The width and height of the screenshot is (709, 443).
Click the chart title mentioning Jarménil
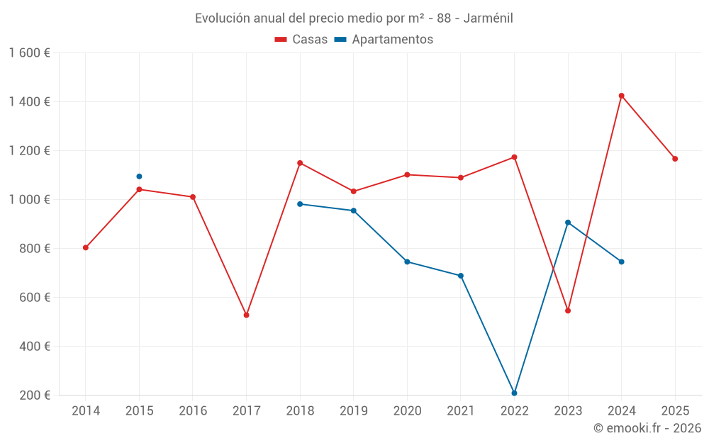[x=354, y=18]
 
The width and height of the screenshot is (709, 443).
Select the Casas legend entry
[x=301, y=40]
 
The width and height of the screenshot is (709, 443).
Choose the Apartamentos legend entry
[x=384, y=40]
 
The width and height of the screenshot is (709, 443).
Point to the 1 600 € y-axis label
[x=29, y=53]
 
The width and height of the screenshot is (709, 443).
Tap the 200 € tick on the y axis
[x=35, y=396]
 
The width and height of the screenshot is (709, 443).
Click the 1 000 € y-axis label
[x=29, y=200]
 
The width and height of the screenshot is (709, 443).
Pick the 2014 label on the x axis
[x=86, y=411]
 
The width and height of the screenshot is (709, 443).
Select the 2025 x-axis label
[x=675, y=411]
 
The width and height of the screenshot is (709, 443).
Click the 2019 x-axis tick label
[x=354, y=411]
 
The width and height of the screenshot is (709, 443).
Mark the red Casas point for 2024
[x=622, y=96]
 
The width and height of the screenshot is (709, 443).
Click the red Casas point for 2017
[x=247, y=315]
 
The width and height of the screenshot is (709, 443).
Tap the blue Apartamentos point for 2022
[x=515, y=393]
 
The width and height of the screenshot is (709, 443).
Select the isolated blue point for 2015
[x=139, y=176]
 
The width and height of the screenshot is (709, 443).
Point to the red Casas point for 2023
[x=568, y=310]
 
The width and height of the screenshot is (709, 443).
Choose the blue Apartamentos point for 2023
[x=568, y=223]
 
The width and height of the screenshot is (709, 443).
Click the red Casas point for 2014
[x=86, y=247]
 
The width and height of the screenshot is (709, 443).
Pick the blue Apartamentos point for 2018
[x=300, y=204]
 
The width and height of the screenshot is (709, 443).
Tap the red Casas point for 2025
[x=675, y=159]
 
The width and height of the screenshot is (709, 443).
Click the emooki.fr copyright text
[x=647, y=428]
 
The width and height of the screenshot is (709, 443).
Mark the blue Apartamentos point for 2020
[x=407, y=262]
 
